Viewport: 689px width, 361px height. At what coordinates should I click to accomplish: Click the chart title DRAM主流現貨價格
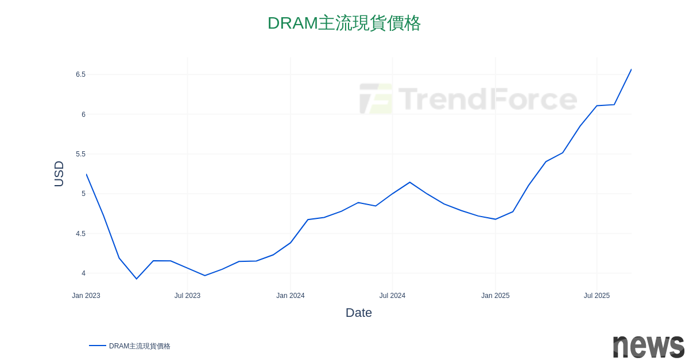[x=344, y=23]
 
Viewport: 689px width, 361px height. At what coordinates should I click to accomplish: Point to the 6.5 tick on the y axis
[x=80, y=74]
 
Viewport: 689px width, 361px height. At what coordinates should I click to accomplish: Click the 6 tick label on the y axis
[x=83, y=115]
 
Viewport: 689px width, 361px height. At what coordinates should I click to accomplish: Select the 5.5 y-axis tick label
[x=80, y=154]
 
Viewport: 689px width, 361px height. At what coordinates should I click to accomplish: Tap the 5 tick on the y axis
[x=83, y=194]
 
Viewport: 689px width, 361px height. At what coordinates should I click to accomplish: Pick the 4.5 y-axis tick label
[x=80, y=234]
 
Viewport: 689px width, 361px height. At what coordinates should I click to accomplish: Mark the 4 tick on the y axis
[x=83, y=273]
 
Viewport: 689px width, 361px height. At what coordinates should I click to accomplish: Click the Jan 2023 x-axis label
[x=86, y=296]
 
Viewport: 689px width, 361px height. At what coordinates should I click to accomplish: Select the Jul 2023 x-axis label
[x=187, y=296]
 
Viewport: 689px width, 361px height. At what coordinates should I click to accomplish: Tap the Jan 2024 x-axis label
[x=291, y=296]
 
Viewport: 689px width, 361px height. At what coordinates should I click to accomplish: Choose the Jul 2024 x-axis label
[x=392, y=296]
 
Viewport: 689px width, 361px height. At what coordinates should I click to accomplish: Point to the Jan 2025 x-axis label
[x=496, y=296]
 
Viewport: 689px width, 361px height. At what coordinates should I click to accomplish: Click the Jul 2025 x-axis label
[x=597, y=296]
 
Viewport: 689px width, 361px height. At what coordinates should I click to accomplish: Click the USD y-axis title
[x=59, y=174]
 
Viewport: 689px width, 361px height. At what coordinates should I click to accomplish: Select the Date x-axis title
[x=359, y=313]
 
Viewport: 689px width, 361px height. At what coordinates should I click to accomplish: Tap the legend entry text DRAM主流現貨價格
[x=140, y=346]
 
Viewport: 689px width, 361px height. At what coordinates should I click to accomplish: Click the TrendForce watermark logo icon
[x=376, y=99]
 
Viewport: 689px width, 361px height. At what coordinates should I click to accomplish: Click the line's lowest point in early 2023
[x=136, y=279]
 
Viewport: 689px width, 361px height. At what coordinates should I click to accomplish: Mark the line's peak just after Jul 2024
[x=409, y=182]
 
